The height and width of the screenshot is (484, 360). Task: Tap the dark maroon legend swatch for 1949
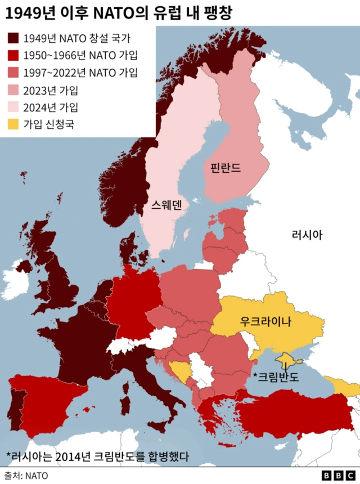pos(13,38)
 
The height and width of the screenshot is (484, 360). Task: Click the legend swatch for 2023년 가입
pos(13,90)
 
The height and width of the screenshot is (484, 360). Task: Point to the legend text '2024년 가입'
pos(51,107)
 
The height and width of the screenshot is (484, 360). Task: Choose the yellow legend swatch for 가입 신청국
pos(13,124)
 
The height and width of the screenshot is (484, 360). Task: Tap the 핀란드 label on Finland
pos(225,168)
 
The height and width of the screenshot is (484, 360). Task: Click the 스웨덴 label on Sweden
pos(166,205)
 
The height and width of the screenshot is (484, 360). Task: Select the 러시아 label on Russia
pos(307,235)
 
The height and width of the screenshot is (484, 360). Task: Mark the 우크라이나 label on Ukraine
pos(265,322)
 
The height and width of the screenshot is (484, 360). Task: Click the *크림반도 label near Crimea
pos(276,376)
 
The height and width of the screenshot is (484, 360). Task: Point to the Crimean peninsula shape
pos(287,358)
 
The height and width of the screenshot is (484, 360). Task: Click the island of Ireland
pos(17,279)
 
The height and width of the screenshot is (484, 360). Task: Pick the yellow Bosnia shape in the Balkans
pos(180,370)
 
